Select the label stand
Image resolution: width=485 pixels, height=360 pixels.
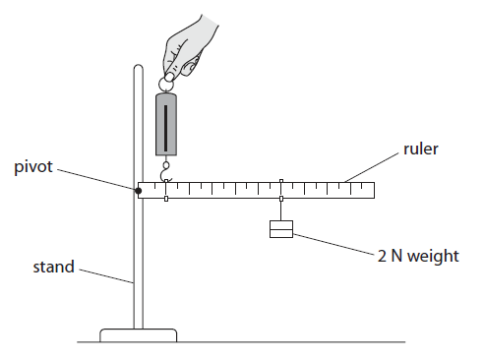[x=53, y=267]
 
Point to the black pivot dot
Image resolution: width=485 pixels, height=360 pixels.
[x=139, y=189]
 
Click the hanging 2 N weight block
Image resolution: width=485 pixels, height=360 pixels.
[x=281, y=230]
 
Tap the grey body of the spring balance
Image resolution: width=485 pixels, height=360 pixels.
[x=165, y=124]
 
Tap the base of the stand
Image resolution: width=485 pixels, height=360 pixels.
[x=139, y=334]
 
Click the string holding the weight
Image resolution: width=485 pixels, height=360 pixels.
[x=281, y=210]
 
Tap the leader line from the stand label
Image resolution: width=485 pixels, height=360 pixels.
[x=106, y=274]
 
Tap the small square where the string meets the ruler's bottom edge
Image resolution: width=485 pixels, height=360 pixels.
[x=281, y=199]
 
